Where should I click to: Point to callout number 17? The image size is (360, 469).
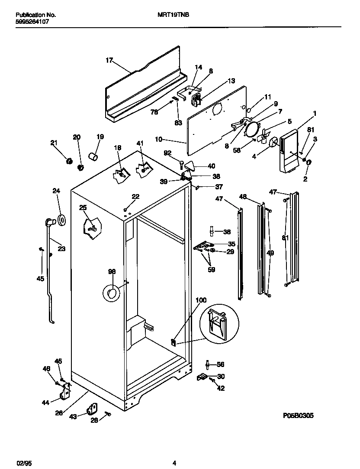click(109, 60)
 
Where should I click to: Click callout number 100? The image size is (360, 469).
click(201, 300)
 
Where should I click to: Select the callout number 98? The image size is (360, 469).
click(112, 271)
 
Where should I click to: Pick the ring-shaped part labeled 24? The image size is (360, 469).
click(61, 220)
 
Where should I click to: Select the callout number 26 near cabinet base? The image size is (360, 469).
click(59, 413)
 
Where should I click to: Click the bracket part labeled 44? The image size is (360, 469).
click(65, 393)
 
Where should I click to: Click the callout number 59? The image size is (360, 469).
click(212, 270)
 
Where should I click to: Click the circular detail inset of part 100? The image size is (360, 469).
click(219, 322)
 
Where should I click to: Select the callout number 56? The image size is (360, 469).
click(220, 364)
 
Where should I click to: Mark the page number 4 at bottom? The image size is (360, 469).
click(174, 463)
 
